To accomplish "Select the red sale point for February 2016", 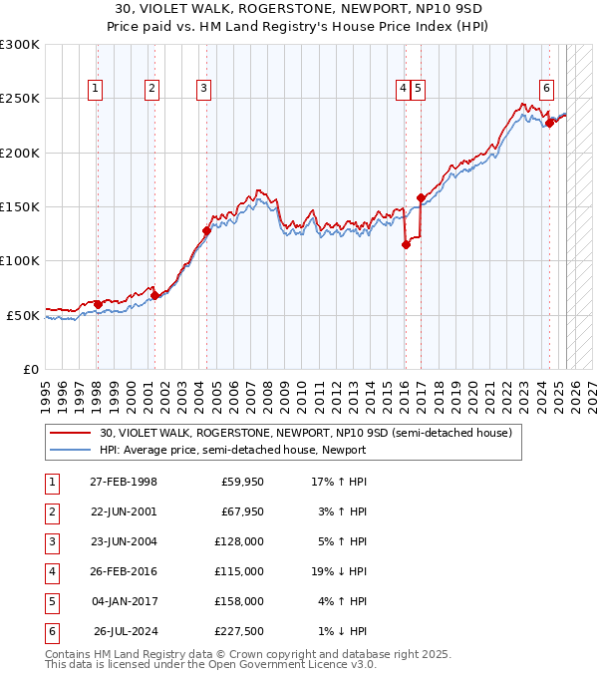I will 406,244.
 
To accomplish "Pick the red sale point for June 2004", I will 206,230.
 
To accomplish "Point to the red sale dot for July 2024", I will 549,124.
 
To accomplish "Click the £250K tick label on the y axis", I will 20,99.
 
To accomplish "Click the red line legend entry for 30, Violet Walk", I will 306,434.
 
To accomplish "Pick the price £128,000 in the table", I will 239,542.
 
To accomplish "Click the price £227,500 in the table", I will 239,632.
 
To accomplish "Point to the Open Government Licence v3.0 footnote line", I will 210,664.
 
